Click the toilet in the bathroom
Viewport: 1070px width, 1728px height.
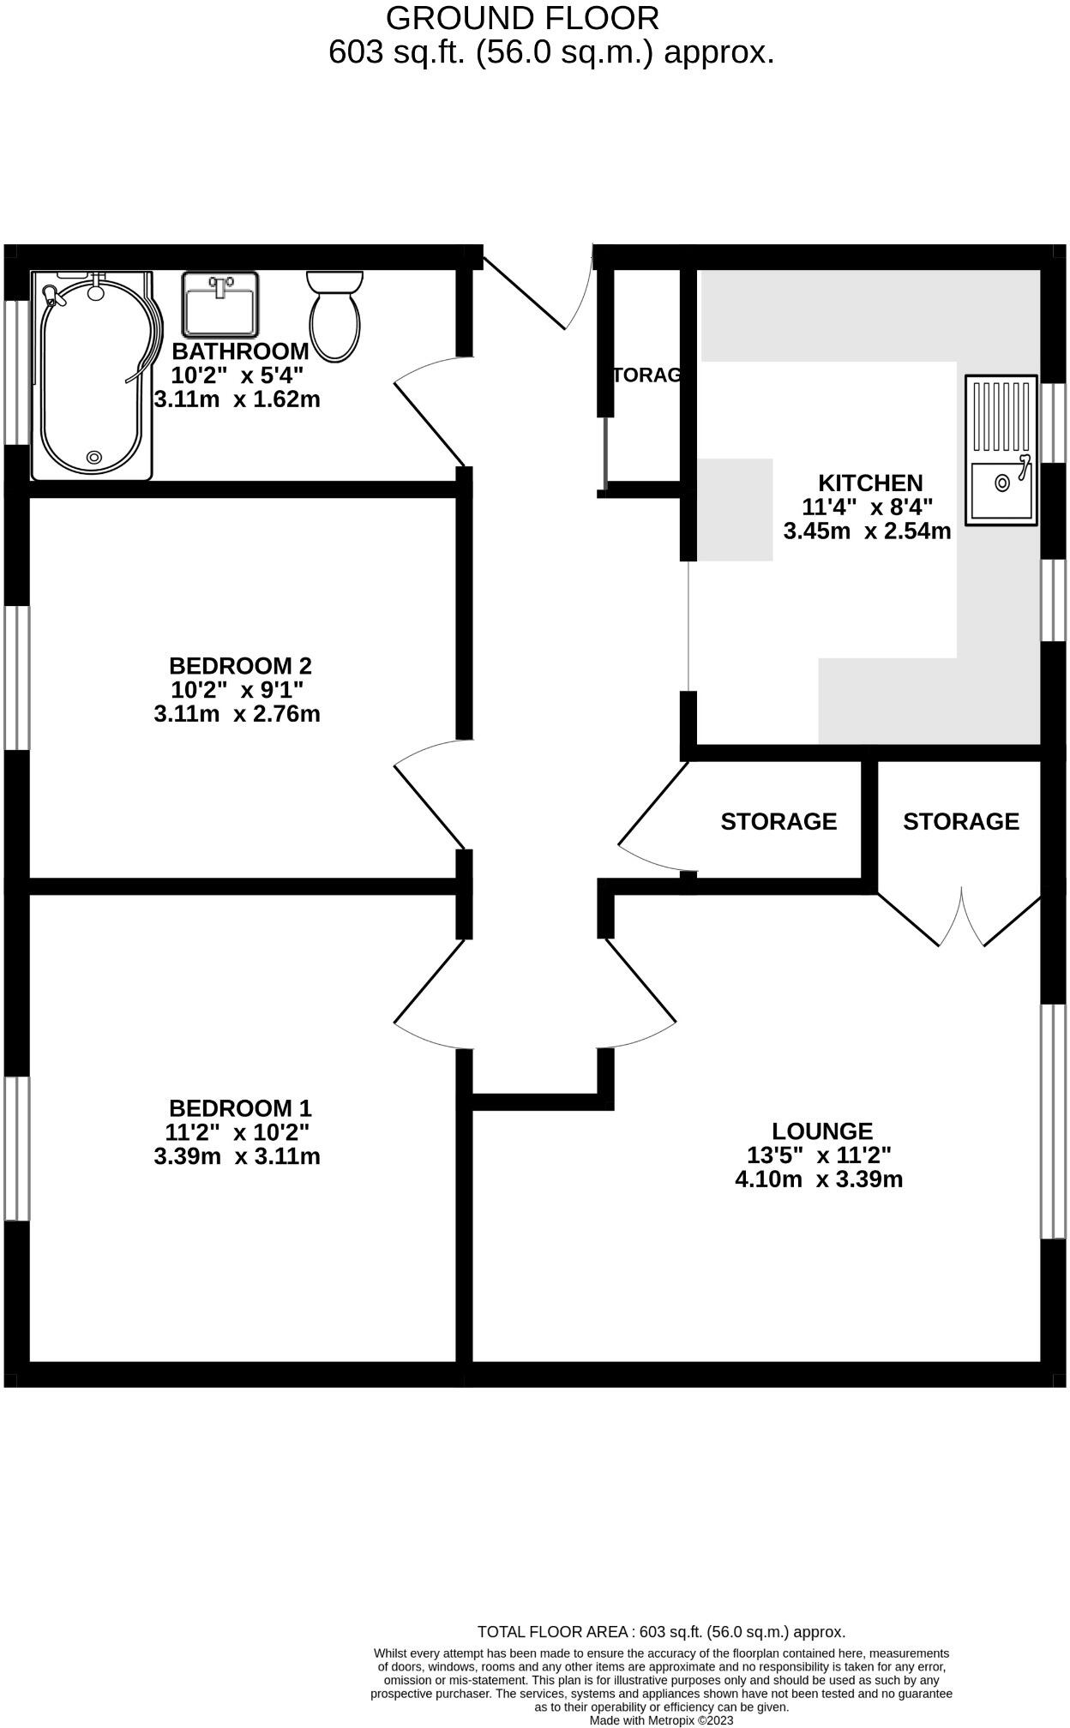point(334,315)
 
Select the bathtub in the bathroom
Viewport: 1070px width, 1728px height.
point(93,375)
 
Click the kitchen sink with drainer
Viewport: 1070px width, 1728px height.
point(1001,449)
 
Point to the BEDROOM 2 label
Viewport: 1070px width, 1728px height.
point(240,666)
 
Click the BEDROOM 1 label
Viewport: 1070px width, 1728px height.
point(240,1108)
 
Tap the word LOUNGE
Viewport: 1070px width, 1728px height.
point(821,1131)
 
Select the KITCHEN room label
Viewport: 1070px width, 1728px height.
point(869,483)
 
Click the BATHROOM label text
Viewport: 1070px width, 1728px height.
point(240,351)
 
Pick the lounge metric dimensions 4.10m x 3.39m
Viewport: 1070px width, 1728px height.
point(819,1179)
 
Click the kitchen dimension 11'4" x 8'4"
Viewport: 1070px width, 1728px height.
point(867,507)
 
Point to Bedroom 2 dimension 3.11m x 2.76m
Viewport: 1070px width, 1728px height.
point(237,714)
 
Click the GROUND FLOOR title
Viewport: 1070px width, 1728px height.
point(522,18)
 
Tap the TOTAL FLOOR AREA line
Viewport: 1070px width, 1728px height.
point(661,1632)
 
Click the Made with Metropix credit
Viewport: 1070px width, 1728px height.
point(661,1719)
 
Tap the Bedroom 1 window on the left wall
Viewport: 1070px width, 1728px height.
point(16,1148)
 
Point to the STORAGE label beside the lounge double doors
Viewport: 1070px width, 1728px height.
point(960,821)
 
